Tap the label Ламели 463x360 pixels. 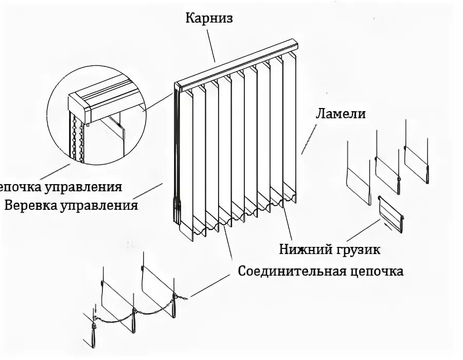click(x=340, y=114)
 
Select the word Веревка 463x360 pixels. click(x=30, y=206)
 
